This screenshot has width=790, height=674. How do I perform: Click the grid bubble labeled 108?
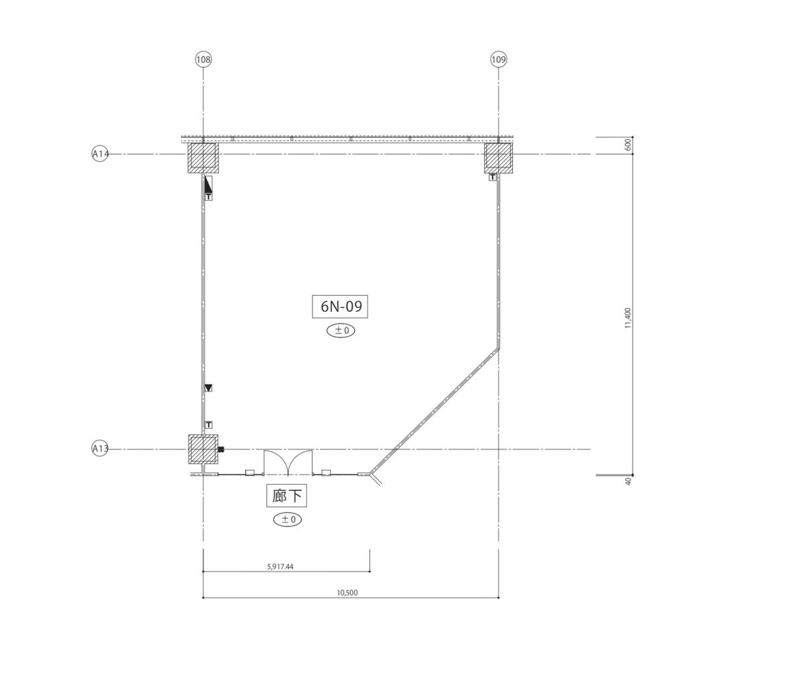(203, 60)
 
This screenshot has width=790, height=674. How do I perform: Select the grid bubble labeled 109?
(498, 60)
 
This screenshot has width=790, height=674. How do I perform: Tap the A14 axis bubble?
(100, 154)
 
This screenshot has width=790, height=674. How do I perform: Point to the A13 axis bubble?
(100, 448)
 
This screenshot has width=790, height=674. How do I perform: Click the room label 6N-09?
(341, 307)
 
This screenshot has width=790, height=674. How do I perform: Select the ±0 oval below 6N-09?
(341, 331)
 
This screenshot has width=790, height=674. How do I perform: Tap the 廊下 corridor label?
(287, 496)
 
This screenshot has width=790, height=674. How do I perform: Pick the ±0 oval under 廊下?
(288, 519)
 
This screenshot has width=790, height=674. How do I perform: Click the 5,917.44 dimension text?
(280, 567)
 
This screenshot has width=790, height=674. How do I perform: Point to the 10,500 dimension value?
(347, 593)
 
